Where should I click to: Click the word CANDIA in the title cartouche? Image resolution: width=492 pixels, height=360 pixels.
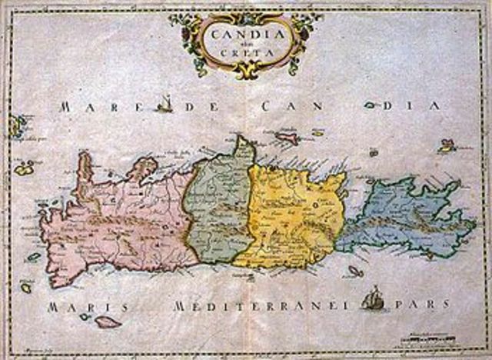(244, 34)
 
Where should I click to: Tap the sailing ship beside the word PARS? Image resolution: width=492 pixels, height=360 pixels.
(372, 298)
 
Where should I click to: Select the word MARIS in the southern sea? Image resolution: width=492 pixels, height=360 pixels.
(86, 307)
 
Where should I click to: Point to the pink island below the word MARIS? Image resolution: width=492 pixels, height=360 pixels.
(107, 322)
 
